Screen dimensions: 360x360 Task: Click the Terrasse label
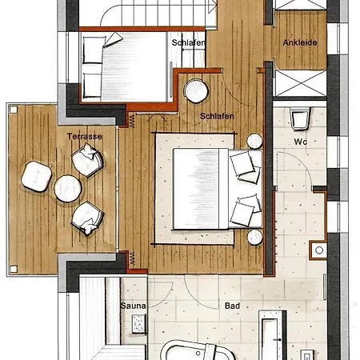pos(85,137)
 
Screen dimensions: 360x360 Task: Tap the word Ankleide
pos(300,42)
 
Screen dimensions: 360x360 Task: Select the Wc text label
pos(301,142)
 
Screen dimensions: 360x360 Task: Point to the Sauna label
pos(133,306)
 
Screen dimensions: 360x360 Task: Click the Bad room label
pos(232,306)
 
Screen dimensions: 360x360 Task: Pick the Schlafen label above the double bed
pos(217,116)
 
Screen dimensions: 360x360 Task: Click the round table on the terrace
pos(68,188)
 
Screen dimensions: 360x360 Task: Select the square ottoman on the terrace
pos(36,176)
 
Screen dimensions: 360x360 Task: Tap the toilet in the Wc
pos(301,118)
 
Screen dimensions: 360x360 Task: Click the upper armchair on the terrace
pos(87,160)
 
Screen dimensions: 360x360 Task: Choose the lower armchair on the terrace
pos(87,218)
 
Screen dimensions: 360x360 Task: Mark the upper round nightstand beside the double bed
pos(254,141)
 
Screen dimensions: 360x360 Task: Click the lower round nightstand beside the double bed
pos(254,237)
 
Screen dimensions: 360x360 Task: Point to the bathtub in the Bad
pos(198,350)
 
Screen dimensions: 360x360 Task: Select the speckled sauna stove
pos(138,324)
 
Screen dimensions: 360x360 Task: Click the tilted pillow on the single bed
pos(113,39)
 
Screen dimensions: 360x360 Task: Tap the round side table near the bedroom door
pos(196,91)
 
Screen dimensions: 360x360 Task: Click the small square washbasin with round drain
pos(318,250)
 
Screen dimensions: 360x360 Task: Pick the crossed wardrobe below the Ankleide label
pos(301,83)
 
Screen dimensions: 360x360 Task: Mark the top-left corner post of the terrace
pos(13,110)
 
